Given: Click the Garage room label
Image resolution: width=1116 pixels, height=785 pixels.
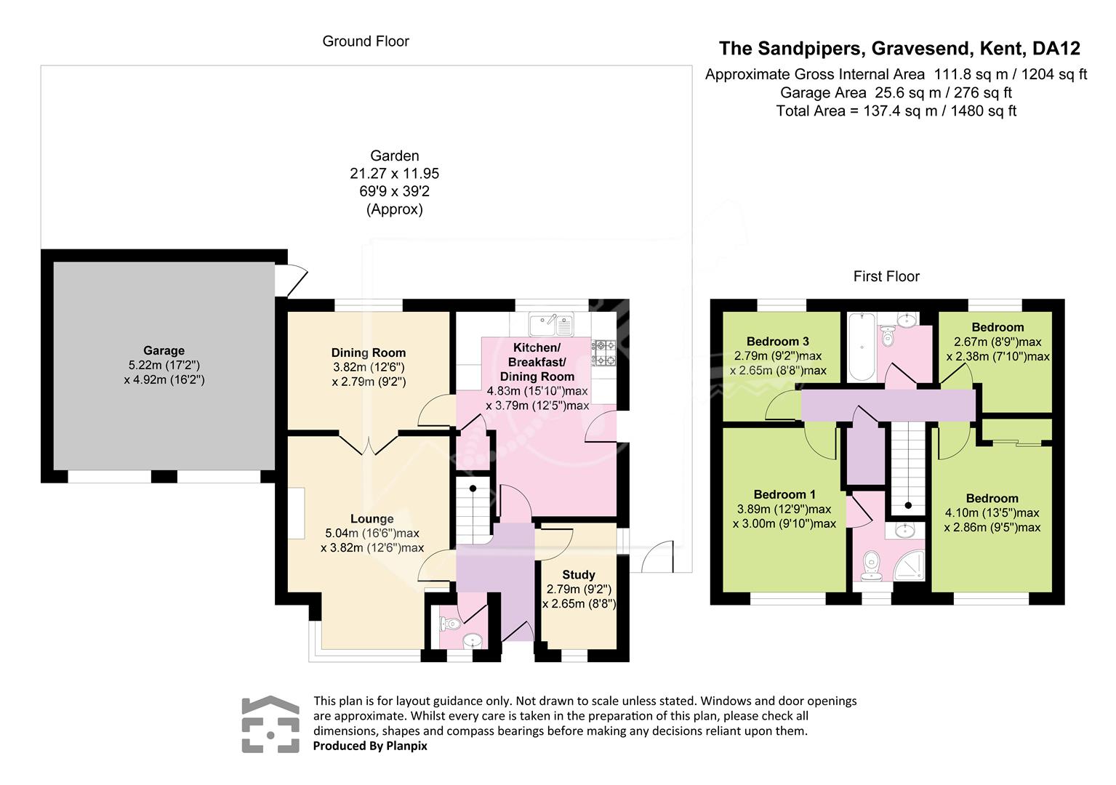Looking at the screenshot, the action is tap(164, 350).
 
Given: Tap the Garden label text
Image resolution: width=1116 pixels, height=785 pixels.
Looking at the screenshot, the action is tap(395, 156).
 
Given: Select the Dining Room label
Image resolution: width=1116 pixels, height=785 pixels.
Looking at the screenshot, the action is tap(369, 353).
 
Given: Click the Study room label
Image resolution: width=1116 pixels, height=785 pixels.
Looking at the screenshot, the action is tap(579, 575).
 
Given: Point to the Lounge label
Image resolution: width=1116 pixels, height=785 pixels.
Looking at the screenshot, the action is tap(372, 519).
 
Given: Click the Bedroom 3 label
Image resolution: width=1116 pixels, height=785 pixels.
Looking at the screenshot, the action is tap(778, 342).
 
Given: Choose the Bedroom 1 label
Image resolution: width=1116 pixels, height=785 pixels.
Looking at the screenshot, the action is tap(784, 494).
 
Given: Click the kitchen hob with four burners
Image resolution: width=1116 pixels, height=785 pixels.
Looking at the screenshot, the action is tap(603, 353).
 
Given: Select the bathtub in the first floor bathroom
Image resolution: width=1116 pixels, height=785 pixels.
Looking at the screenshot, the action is tap(862, 347).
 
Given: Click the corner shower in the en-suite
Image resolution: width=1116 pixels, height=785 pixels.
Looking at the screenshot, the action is tap(910, 565).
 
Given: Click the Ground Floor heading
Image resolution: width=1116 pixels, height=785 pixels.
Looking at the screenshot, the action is tap(366, 41).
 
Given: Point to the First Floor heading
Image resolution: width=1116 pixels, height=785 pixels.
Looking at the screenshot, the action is tap(886, 276).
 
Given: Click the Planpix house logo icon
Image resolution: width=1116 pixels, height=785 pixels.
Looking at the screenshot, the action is tap(270, 724).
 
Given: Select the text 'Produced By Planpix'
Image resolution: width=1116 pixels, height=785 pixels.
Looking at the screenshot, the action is tap(370, 746).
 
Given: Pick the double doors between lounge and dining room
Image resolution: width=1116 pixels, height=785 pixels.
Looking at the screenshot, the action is tap(369, 444).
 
